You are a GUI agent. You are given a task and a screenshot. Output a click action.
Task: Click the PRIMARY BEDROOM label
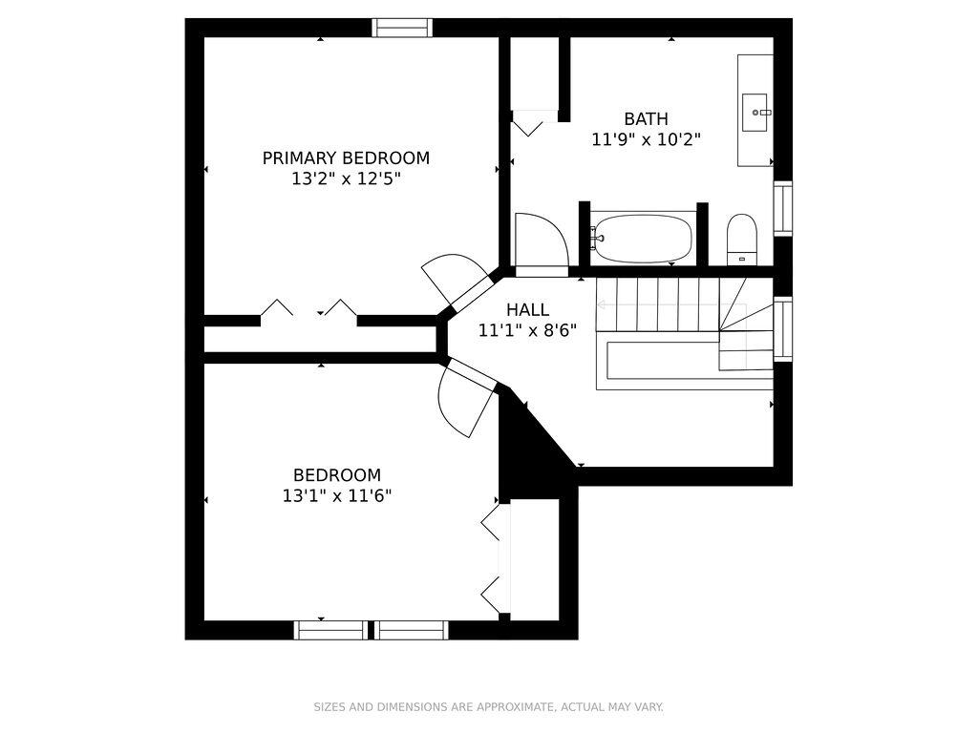point(346,158)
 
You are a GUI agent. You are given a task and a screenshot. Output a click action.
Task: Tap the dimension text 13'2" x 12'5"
point(346,179)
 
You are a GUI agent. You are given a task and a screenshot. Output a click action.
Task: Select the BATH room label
point(647,118)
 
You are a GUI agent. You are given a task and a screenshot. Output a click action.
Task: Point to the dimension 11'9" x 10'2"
point(647,139)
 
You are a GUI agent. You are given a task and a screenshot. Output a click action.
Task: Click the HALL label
point(527,310)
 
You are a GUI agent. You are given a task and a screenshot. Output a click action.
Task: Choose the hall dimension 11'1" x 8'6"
point(527,330)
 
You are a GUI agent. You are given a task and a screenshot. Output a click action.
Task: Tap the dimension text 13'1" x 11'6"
point(337,496)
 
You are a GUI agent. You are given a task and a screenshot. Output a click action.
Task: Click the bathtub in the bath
point(641,239)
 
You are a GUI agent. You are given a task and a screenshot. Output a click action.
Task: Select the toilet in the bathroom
point(741,240)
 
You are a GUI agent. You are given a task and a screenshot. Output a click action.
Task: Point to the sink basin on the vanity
point(755,113)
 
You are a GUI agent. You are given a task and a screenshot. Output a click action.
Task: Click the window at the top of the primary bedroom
point(402,28)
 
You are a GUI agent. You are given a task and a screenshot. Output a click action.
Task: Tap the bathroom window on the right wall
point(783,208)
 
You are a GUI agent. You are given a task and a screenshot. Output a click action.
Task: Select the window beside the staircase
point(783,328)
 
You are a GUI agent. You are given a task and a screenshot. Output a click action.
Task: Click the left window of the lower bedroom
point(330,630)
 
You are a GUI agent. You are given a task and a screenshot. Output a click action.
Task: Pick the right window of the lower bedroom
point(411,630)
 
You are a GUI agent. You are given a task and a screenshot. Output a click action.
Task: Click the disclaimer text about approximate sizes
point(488,707)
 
